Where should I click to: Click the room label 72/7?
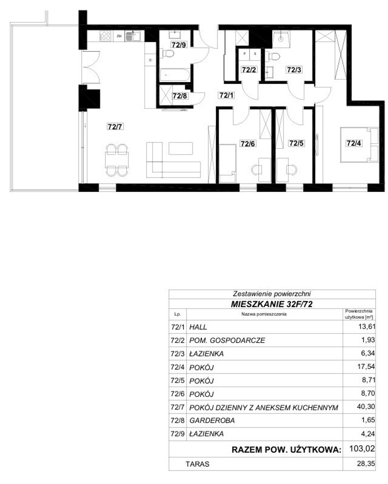pyautogui.click(x=115, y=127)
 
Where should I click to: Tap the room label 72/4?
pyautogui.click(x=354, y=143)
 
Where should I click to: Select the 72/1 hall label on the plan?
pyautogui.click(x=226, y=95)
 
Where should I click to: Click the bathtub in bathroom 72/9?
pyautogui.click(x=175, y=74)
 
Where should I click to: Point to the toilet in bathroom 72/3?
pyautogui.click(x=272, y=56)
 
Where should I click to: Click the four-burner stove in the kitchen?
pyautogui.click(x=105, y=36)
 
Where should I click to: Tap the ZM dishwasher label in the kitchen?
pyautogui.click(x=119, y=36)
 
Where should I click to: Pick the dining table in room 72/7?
pyautogui.click(x=117, y=160)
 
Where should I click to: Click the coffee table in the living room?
pyautogui.click(x=181, y=148)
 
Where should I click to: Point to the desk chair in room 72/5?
pyautogui.click(x=292, y=169)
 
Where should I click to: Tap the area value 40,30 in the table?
pyautogui.click(x=366, y=406)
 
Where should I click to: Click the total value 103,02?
pyautogui.click(x=362, y=448)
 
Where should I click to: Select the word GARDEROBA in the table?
pyautogui.click(x=212, y=420)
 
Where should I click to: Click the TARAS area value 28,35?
pyautogui.click(x=366, y=464)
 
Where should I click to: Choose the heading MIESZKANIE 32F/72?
pyautogui.click(x=272, y=304)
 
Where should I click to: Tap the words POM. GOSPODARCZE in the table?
pyautogui.click(x=227, y=340)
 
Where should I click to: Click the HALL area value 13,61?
pyautogui.click(x=366, y=326)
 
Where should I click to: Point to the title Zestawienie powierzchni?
pyautogui.click(x=272, y=294)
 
